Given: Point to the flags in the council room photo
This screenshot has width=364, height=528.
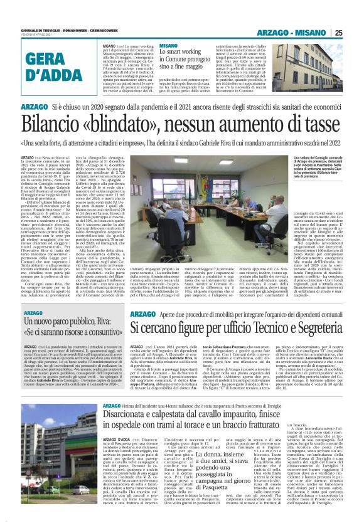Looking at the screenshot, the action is tap(161, 172).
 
